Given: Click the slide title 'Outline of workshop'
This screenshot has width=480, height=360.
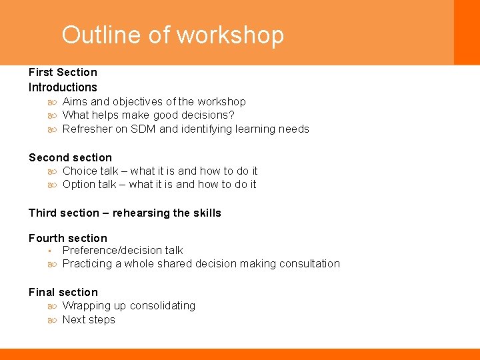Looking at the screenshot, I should click(173, 35).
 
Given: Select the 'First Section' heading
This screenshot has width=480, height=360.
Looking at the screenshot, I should click(63, 72).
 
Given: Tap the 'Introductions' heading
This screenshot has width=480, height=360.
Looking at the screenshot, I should click(63, 87).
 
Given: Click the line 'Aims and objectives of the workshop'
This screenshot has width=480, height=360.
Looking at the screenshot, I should click(154, 101).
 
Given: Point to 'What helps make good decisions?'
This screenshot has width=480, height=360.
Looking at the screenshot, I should click(148, 115).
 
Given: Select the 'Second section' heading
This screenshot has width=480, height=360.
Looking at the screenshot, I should click(70, 157).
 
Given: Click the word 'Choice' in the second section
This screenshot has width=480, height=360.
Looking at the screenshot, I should click(80, 171).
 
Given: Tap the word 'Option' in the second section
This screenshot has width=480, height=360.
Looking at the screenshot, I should click(80, 184).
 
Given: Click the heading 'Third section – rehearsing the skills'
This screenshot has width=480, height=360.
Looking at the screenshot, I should click(125, 213).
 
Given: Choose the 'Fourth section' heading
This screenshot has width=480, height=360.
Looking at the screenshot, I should click(67, 238).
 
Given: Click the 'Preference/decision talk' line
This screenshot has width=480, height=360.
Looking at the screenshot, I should click(123, 250).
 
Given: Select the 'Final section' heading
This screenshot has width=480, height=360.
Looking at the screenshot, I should click(63, 292).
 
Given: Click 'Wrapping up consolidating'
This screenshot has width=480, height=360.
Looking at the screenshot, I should click(129, 305).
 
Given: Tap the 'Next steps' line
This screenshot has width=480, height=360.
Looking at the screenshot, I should click(89, 319).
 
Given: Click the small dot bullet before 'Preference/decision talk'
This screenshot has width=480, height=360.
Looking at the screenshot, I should click(50, 251).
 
